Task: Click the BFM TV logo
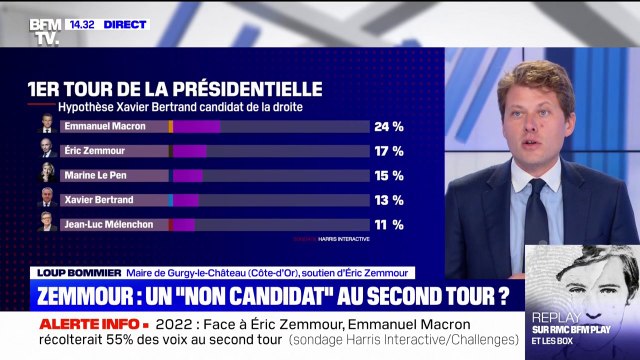pyautogui.click(x=46, y=30)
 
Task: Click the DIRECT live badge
pyautogui.click(x=124, y=24)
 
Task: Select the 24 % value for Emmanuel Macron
pyautogui.click(x=388, y=127)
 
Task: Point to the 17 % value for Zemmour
pyautogui.click(x=388, y=151)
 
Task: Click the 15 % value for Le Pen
pyautogui.click(x=388, y=176)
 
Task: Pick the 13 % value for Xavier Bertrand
pyautogui.click(x=388, y=200)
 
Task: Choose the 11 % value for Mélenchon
pyautogui.click(x=388, y=224)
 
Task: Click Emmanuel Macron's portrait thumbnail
pyautogui.click(x=47, y=126)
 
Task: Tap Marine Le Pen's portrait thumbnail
pyautogui.click(x=47, y=175)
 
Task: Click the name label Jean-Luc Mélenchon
pyautogui.click(x=108, y=224)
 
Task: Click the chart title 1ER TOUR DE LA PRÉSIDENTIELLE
pyautogui.click(x=175, y=89)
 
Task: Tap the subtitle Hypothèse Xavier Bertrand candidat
pyautogui.click(x=180, y=106)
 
